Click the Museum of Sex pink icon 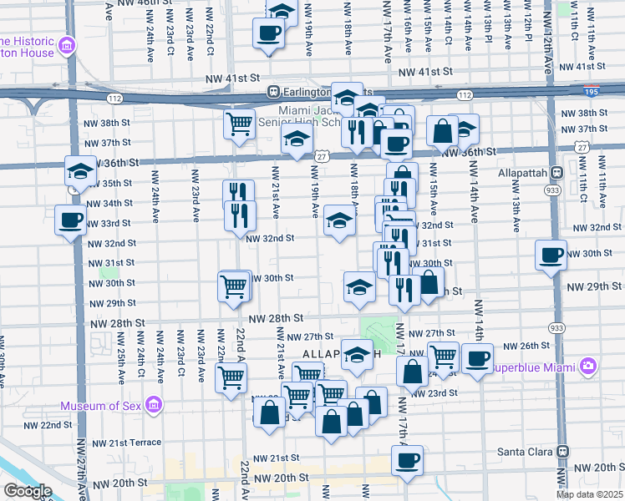click(153, 407)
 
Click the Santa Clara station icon click(563, 451)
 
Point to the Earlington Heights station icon click(272, 91)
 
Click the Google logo click(27, 491)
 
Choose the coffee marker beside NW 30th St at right click(551, 256)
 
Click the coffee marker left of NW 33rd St click(70, 220)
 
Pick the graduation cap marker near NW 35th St click(80, 171)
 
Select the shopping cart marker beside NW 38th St click(239, 124)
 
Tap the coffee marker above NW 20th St click(407, 460)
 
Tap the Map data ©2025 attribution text click(590, 494)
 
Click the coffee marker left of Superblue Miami click(477, 359)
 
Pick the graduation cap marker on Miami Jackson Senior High click(297, 142)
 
